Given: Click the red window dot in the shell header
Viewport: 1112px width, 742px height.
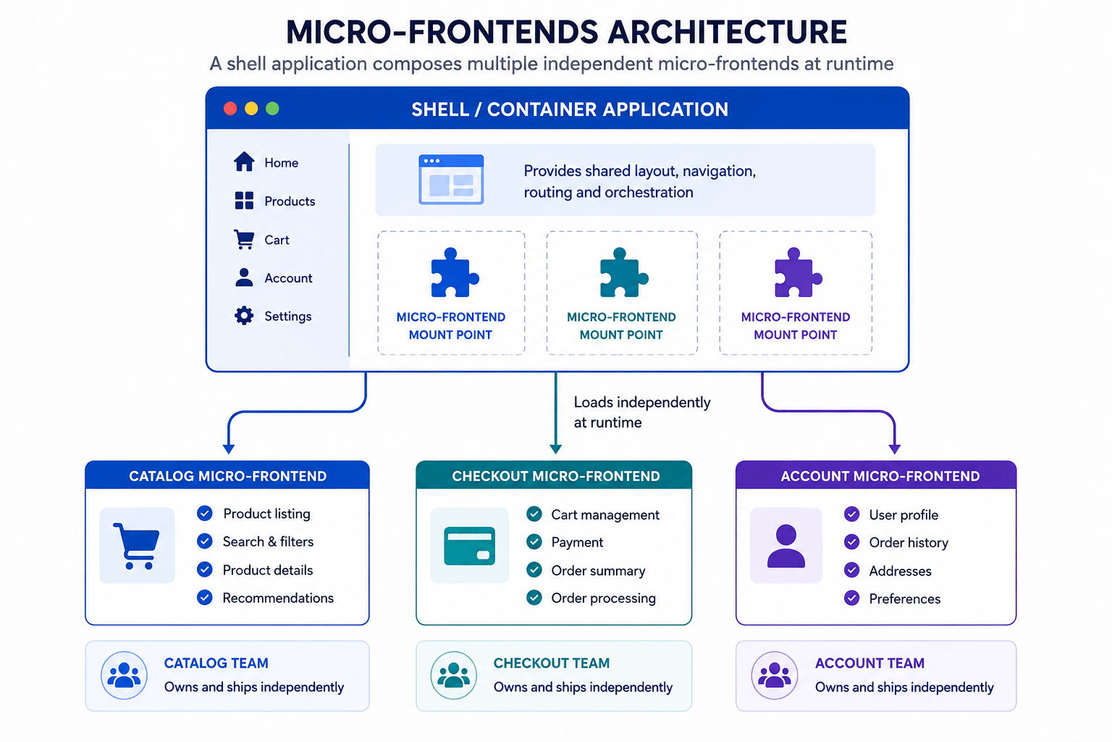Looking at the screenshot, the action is tap(229, 109).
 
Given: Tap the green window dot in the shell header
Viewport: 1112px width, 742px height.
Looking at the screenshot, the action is tap(272, 109).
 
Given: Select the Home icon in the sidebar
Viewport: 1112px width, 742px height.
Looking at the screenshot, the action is tap(244, 162).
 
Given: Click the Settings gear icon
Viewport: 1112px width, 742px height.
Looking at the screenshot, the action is tap(244, 316).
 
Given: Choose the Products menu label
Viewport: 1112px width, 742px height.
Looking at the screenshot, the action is tap(290, 201).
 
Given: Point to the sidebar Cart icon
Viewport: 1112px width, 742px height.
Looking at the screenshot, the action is tap(244, 240).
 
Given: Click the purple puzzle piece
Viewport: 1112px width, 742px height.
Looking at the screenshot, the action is tap(798, 273).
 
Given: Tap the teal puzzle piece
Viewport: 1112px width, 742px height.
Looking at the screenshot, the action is tap(623, 273).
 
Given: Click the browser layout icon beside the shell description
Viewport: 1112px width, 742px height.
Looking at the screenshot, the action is tap(451, 180).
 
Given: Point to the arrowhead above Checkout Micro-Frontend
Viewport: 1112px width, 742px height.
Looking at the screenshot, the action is tap(555, 449).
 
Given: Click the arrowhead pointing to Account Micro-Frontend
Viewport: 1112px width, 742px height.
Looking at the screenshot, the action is tap(895, 449).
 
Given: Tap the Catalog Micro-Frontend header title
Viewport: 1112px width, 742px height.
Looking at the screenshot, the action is tap(228, 476).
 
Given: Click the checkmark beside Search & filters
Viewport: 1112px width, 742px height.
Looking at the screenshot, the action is tap(205, 541).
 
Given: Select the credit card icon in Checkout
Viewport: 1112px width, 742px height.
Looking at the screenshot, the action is tap(470, 546).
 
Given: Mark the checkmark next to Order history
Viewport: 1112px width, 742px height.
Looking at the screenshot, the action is tap(852, 542).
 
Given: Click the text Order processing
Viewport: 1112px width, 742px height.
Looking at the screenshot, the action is tap(603, 599).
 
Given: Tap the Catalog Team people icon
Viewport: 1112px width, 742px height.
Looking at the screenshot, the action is tap(124, 675).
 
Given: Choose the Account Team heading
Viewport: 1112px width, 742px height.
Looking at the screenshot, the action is tap(869, 663).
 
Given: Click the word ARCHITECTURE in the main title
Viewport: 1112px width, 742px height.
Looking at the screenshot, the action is tap(728, 33).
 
